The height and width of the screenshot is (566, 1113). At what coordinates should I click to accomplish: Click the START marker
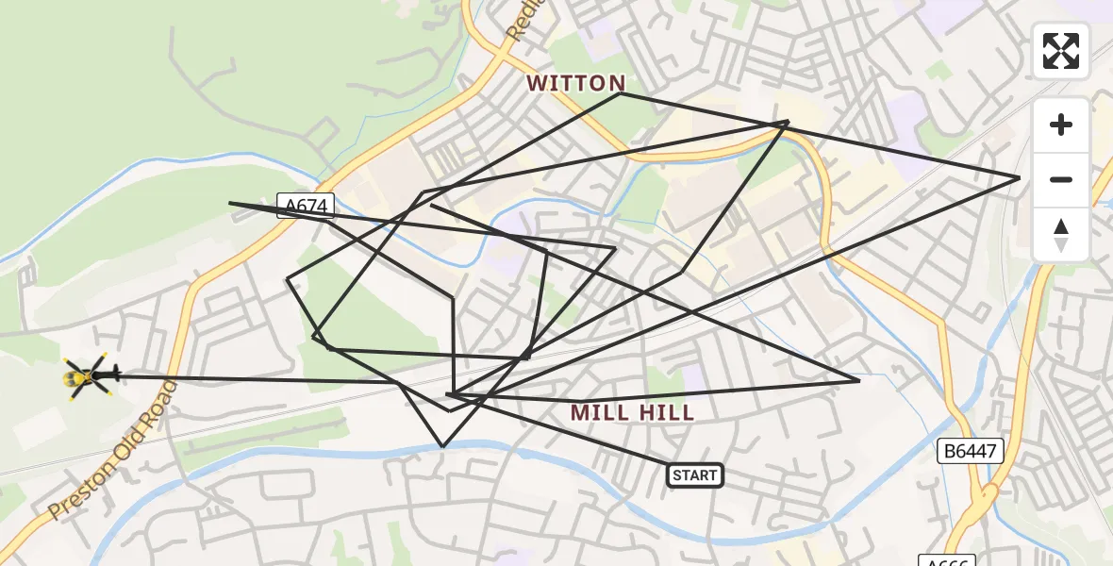click(x=695, y=475)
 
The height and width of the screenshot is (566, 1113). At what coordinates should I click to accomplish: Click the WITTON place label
click(x=575, y=83)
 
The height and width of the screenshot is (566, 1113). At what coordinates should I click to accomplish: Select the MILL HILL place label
click(x=633, y=412)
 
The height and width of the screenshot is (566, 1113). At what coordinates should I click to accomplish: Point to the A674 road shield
click(x=299, y=206)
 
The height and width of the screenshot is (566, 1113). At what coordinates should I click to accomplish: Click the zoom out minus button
click(x=1061, y=179)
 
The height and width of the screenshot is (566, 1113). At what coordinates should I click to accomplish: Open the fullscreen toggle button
click(x=1061, y=51)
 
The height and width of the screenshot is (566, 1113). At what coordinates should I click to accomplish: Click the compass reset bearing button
click(x=1061, y=234)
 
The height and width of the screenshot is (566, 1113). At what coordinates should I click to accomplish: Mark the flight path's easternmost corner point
click(x=1020, y=177)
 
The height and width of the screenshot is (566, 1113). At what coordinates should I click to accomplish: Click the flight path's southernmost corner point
click(x=442, y=446)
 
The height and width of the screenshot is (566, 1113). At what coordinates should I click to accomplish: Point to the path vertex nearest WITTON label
click(x=621, y=93)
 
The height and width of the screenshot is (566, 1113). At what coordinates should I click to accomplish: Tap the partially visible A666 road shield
click(x=946, y=560)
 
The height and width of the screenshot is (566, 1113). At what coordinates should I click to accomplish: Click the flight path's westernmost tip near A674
click(x=230, y=202)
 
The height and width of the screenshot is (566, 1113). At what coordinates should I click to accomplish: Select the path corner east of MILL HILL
click(x=859, y=381)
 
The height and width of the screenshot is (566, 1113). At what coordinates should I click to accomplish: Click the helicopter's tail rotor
click(x=115, y=375)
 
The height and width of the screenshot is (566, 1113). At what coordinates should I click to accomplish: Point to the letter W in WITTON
click(x=537, y=83)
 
